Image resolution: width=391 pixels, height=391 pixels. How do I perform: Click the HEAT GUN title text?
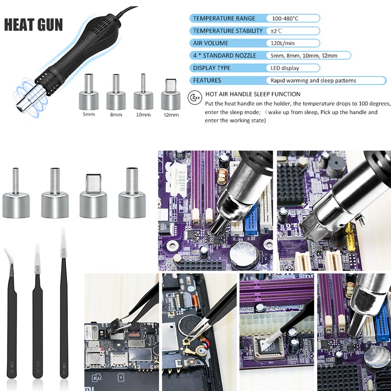pos(33,24)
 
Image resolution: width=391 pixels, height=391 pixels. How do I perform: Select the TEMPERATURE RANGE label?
pos(224,18)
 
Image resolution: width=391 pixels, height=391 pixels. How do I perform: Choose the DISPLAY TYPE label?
pos(212,68)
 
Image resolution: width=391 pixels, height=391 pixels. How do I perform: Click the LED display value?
pos(285,68)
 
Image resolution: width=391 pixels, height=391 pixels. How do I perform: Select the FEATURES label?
pos(207,81)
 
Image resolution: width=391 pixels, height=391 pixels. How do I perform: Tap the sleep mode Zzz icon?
pos(194,97)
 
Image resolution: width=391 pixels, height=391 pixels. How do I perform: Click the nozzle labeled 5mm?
pos(88,94)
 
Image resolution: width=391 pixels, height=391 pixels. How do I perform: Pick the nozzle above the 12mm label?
pos(170,95)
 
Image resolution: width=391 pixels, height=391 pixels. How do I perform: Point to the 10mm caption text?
pos(143,115)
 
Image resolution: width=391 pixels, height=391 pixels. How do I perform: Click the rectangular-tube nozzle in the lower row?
pos(93,195)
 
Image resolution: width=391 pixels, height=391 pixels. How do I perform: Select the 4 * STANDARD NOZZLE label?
pos(224,56)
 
